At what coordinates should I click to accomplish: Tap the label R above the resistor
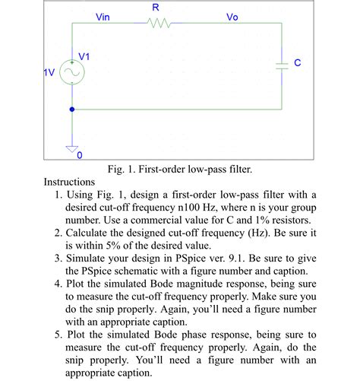point(156,7)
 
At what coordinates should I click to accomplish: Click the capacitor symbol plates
point(283,66)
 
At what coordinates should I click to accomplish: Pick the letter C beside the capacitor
point(298,64)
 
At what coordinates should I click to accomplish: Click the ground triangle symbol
point(72,148)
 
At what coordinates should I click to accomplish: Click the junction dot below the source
point(72,109)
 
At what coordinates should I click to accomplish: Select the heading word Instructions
point(69,183)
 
